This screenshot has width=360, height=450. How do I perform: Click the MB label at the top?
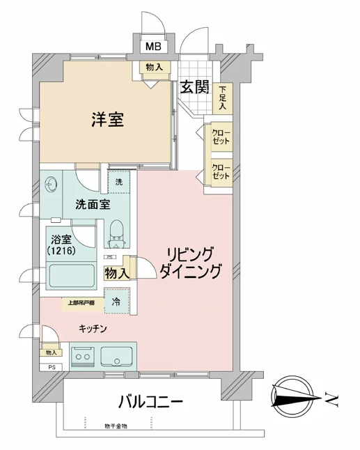(x=152, y=47)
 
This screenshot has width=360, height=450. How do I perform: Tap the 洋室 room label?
(x=108, y=119)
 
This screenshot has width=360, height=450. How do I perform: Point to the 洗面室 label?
(x=92, y=205)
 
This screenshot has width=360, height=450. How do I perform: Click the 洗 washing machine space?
(x=118, y=181)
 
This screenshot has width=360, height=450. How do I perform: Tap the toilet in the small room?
(x=117, y=233)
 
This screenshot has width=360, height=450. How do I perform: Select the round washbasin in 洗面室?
(x=52, y=186)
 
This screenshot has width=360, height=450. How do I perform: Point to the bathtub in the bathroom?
(x=71, y=277)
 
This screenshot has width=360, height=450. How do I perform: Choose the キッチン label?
(x=92, y=328)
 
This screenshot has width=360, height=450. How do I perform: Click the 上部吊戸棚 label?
(x=81, y=303)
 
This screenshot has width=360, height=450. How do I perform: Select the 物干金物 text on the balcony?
(x=117, y=426)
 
